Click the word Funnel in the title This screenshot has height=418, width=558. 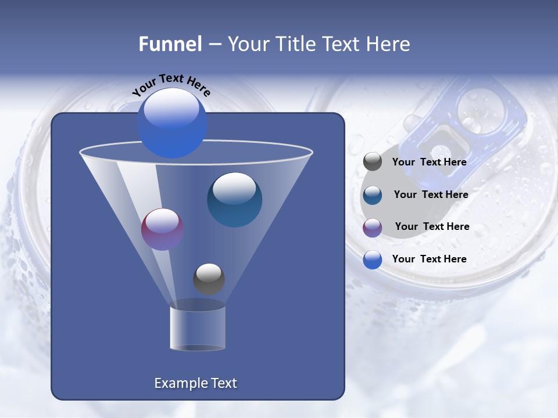170,44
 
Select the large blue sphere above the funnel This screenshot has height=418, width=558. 172,123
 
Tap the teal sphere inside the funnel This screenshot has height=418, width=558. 234,200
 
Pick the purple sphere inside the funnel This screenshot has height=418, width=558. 162,229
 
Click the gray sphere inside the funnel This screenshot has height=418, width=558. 209,279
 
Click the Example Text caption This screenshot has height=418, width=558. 195,383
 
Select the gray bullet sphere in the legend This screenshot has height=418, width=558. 373,162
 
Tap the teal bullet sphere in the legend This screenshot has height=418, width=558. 373,195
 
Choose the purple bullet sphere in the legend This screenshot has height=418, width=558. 373,228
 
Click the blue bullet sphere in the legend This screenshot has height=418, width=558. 373,260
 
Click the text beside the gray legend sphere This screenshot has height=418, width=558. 429,163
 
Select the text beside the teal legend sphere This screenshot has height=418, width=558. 431,195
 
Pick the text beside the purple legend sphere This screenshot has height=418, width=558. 432,227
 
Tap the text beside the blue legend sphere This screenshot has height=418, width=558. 429,260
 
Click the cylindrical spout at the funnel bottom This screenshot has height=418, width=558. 198,328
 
